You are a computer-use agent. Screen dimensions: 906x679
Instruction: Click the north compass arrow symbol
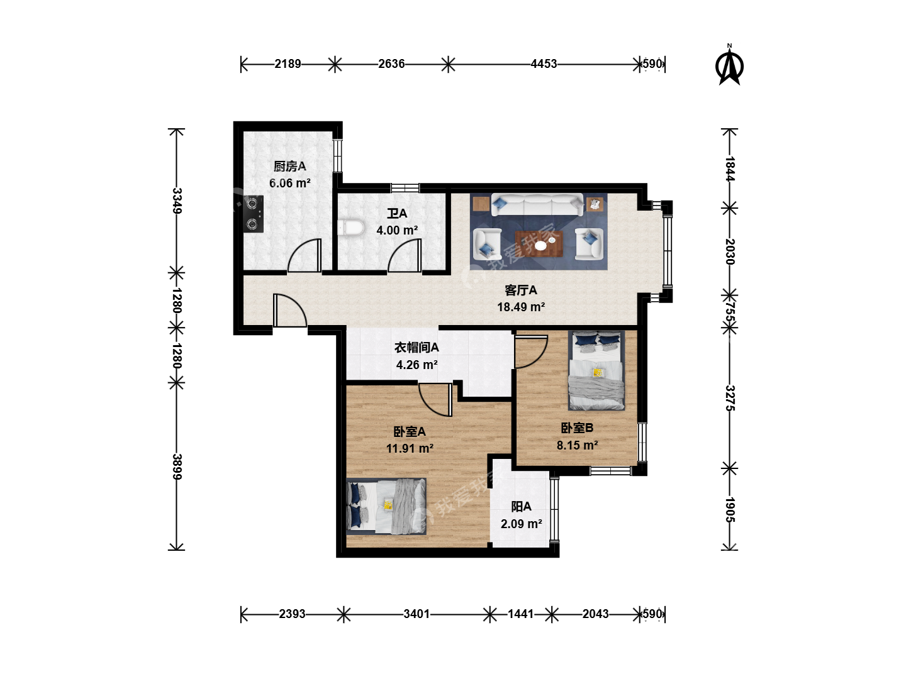[x=729, y=68]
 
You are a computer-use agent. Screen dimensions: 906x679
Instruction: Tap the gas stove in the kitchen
[x=253, y=214]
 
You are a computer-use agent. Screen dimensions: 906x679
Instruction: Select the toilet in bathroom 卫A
[x=351, y=228]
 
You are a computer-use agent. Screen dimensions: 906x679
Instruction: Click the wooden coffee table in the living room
[x=539, y=244]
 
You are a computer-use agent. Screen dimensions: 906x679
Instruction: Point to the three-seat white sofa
[x=537, y=204]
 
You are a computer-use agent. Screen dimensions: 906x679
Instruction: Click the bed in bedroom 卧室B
[x=596, y=370]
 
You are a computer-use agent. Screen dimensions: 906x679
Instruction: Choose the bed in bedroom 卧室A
[x=386, y=506]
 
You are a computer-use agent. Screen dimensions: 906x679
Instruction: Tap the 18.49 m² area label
[x=521, y=307]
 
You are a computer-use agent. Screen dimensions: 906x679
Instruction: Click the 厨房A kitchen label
[x=290, y=167]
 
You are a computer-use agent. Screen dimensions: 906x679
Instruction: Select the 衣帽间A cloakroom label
[x=417, y=348]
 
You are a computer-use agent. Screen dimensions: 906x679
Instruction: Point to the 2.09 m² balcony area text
[x=522, y=524]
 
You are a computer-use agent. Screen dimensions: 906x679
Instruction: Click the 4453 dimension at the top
[x=544, y=64]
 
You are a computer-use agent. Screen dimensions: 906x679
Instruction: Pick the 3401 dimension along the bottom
[x=417, y=614]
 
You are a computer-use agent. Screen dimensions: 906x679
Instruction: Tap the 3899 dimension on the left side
[x=177, y=466]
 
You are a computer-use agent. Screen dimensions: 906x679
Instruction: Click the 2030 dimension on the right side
[x=729, y=251]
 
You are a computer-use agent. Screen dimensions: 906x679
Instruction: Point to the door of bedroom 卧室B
[x=531, y=351]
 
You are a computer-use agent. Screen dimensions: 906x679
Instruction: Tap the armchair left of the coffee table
[x=487, y=245]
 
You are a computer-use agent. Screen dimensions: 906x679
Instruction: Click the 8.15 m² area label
[x=578, y=445]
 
